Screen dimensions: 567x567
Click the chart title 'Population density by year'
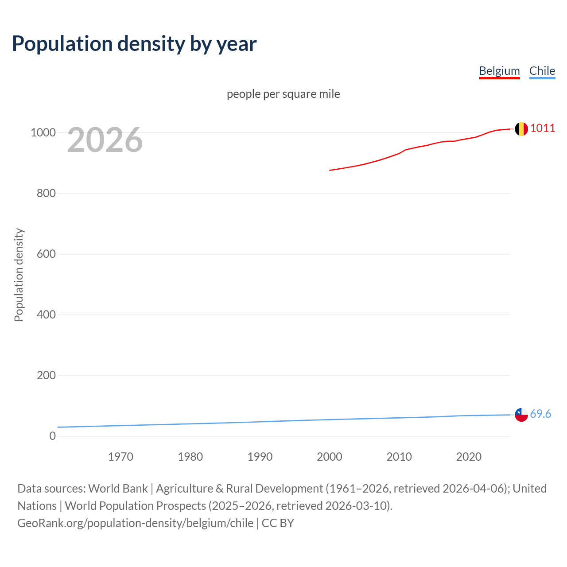pyautogui.click(x=134, y=44)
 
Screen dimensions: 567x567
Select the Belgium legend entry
pyautogui.click(x=499, y=71)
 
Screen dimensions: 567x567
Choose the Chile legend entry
pyautogui.click(x=542, y=71)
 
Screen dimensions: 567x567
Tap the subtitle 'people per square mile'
pyautogui.click(x=283, y=94)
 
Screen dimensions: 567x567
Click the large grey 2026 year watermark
pyautogui.click(x=105, y=140)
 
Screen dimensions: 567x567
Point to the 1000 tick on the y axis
pyautogui.click(x=43, y=132)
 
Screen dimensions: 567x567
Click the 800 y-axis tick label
pyautogui.click(x=46, y=193)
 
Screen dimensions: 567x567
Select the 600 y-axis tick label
pyautogui.click(x=46, y=254)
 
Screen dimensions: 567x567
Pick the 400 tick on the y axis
pyautogui.click(x=46, y=315)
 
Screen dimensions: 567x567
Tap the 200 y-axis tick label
pyautogui.click(x=46, y=375)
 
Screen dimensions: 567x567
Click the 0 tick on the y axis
pyautogui.click(x=53, y=436)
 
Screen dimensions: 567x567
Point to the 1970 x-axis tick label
pyautogui.click(x=120, y=457)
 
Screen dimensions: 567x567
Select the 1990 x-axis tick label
pyautogui.click(x=260, y=457)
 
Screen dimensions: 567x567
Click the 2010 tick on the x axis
pyautogui.click(x=399, y=457)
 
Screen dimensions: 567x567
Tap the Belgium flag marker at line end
pyautogui.click(x=521, y=129)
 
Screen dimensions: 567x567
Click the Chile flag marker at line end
pyautogui.click(x=521, y=415)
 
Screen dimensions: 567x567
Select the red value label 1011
pyautogui.click(x=543, y=128)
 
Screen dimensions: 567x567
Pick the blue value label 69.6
pyautogui.click(x=540, y=414)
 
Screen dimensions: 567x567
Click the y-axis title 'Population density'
pyautogui.click(x=19, y=275)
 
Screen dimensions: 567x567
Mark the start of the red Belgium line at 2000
pyautogui.click(x=330, y=170)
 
